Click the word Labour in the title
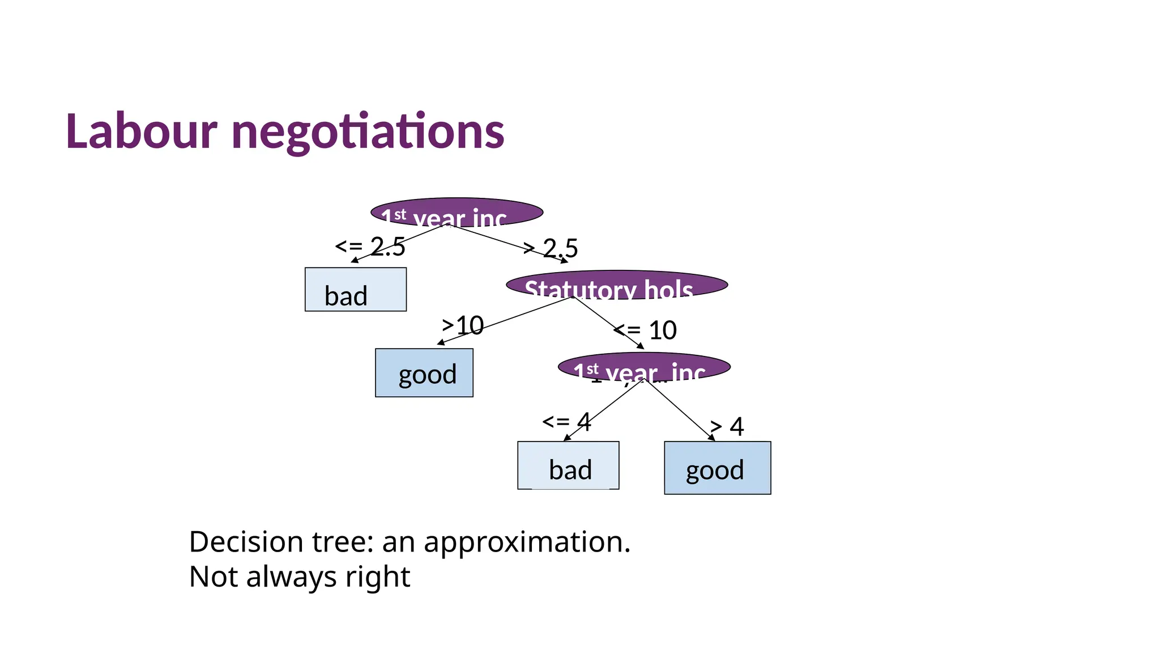(141, 132)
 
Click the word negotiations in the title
(368, 132)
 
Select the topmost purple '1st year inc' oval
(457, 213)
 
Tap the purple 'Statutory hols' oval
(616, 285)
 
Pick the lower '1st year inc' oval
(644, 367)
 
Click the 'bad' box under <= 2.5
(355, 290)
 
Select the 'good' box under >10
(424, 373)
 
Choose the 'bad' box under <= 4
(568, 465)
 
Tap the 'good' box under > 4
(717, 468)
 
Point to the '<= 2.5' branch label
(370, 247)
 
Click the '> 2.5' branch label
(551, 248)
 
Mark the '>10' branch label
(463, 325)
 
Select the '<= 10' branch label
(646, 330)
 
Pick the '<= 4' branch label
(566, 422)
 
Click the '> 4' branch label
(727, 426)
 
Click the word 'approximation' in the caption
(527, 542)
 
